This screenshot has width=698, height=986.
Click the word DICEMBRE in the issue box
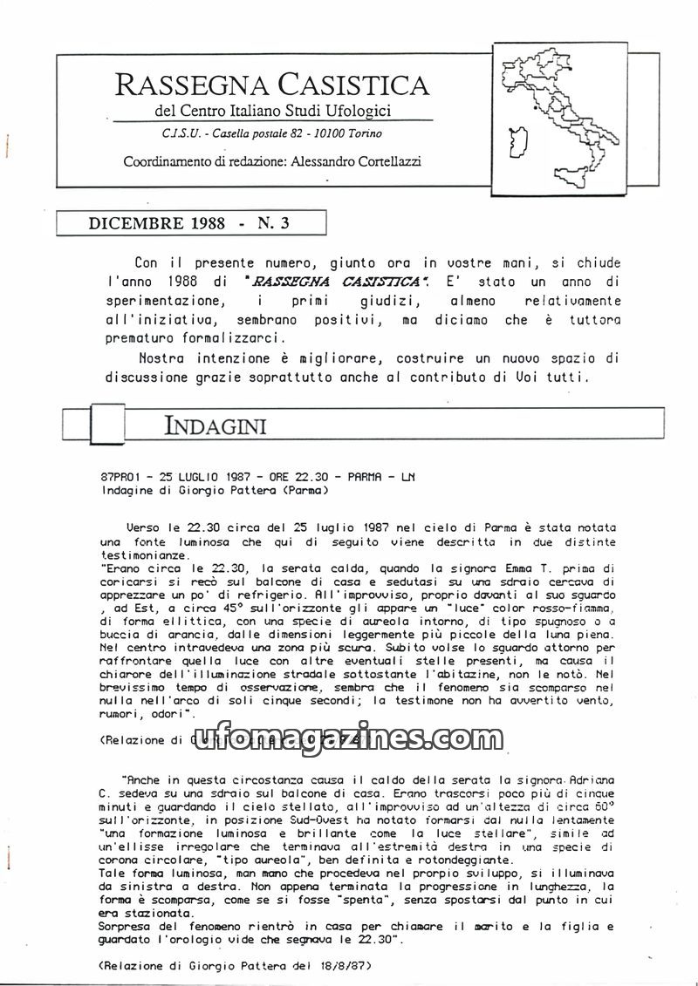pyautogui.click(x=131, y=223)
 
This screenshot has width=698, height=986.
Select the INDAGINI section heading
pyautogui.click(x=215, y=425)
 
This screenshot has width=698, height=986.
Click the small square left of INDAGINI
pyautogui.click(x=76, y=425)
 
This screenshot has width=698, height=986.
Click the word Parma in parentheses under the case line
pyautogui.click(x=301, y=490)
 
